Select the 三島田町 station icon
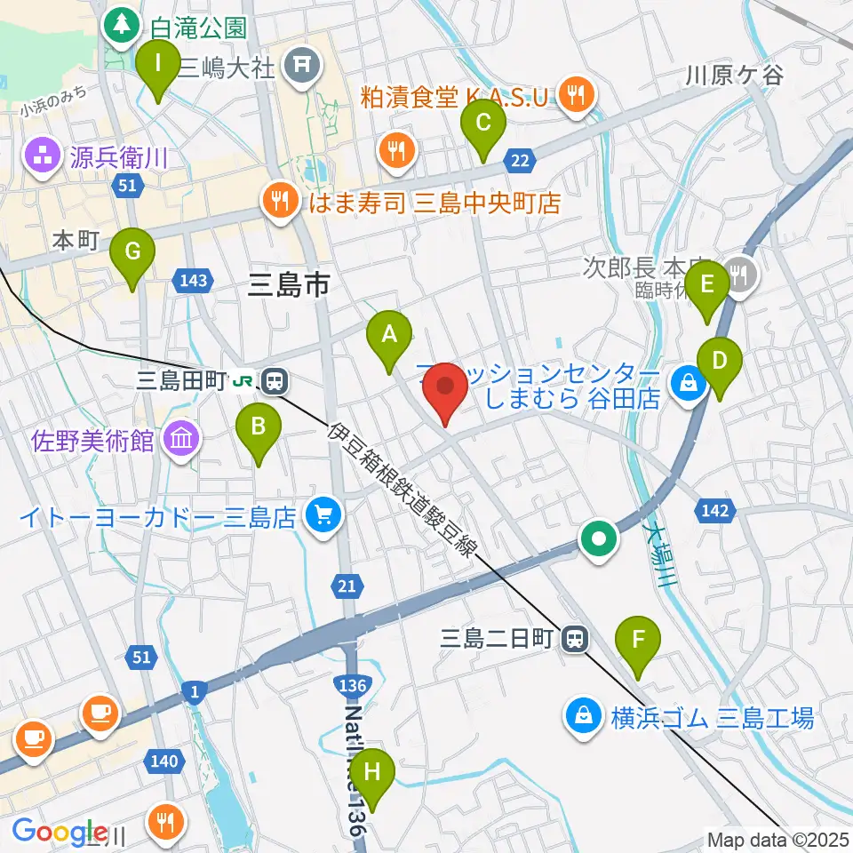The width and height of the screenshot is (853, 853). tap(275, 381)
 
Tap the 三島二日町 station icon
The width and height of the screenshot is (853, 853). tap(576, 638)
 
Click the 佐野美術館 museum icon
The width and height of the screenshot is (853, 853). tap(183, 439)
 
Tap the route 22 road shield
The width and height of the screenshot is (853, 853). tap(521, 160)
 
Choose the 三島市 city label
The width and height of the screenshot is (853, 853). tap(288, 284)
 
